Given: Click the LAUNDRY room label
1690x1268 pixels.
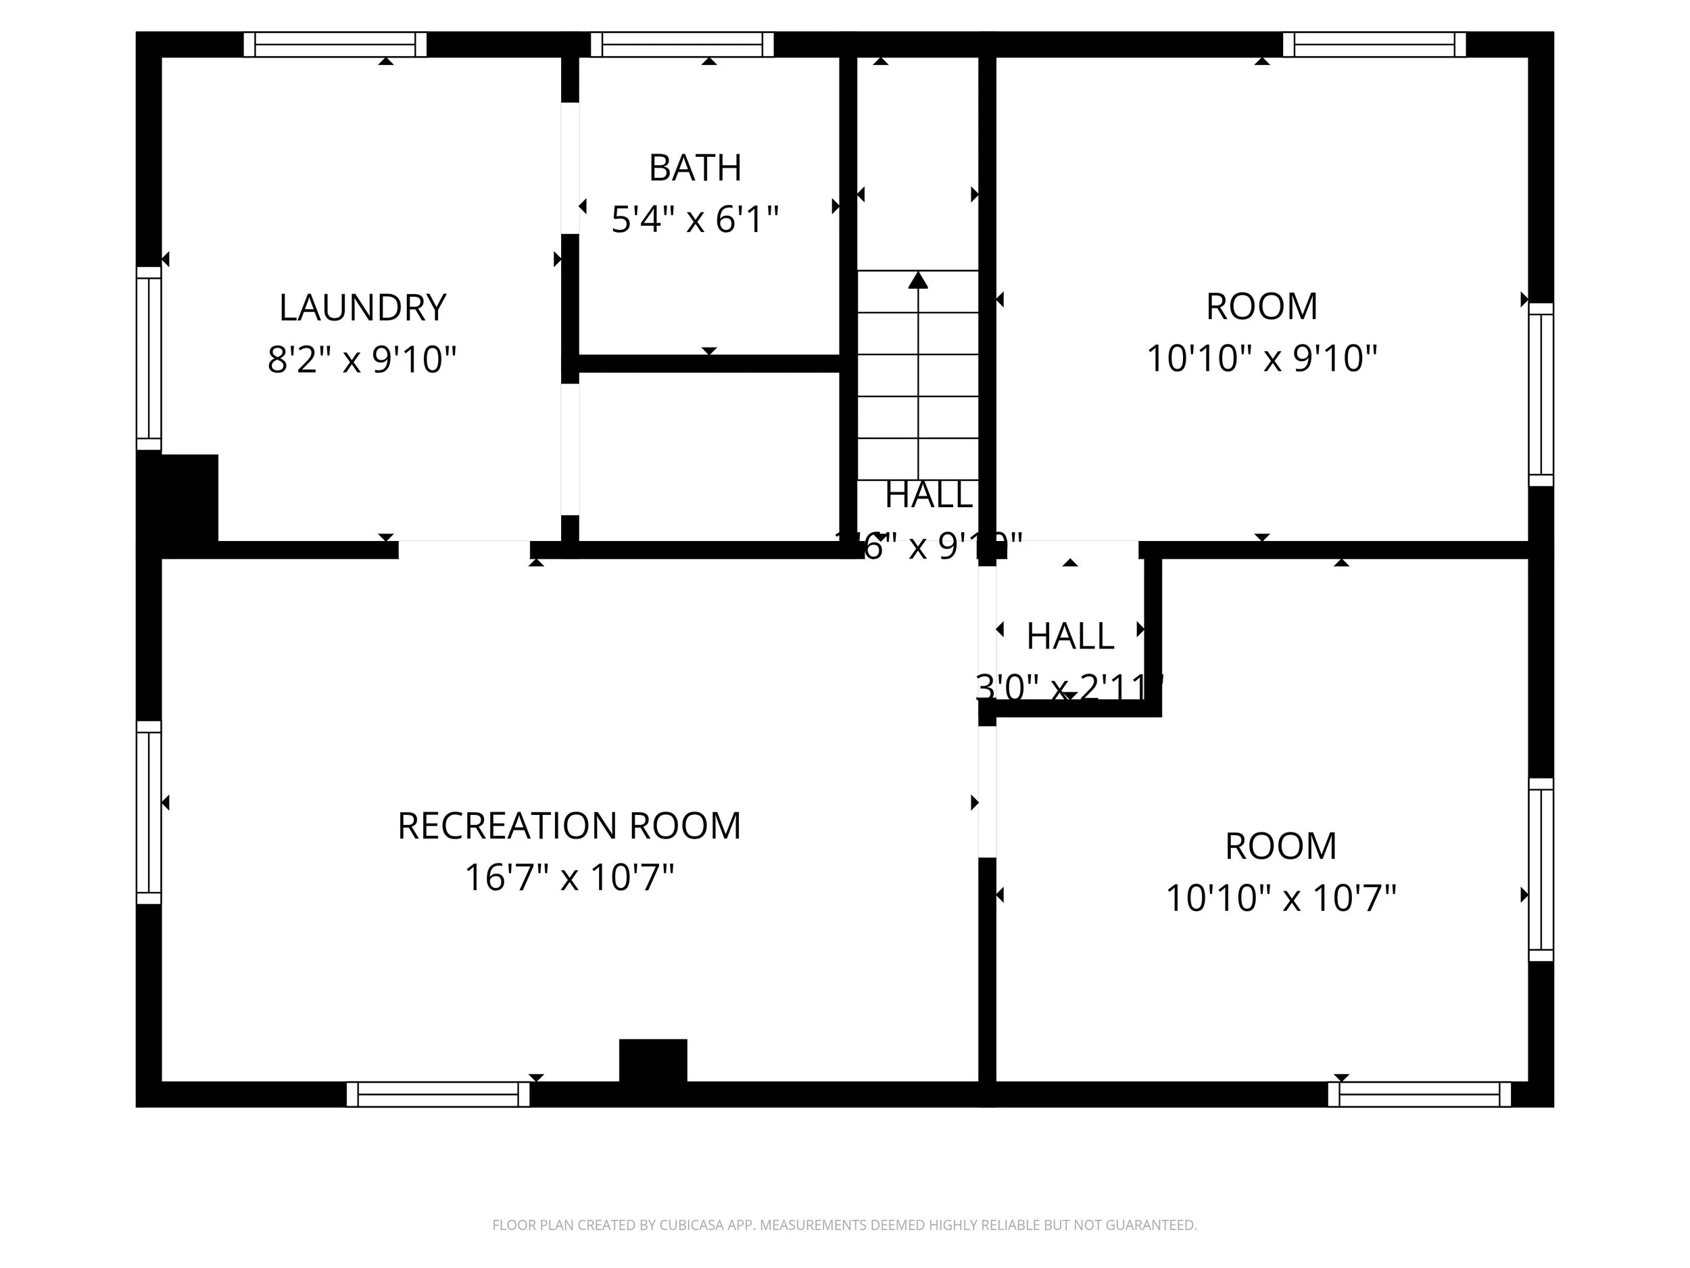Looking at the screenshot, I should click(x=362, y=307).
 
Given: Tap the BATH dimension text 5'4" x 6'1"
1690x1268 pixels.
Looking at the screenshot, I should click(x=694, y=220).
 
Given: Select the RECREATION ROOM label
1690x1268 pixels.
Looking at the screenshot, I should click(x=569, y=826).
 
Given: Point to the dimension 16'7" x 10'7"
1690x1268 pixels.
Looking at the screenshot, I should click(x=569, y=877).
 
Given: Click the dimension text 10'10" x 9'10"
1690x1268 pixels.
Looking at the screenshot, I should click(x=1261, y=358).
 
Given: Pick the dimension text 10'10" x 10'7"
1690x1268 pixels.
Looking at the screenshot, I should click(x=1280, y=898).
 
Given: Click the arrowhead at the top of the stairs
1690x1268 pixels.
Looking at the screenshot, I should click(x=917, y=281).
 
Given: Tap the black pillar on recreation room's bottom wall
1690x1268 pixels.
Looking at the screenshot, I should click(x=652, y=1060).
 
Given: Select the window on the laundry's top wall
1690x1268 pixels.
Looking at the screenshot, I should click(x=335, y=45).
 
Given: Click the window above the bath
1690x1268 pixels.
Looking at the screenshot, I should click(x=681, y=45).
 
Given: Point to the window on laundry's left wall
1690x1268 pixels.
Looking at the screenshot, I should click(x=149, y=358).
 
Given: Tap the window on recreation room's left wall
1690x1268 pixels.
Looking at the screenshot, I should click(x=149, y=812).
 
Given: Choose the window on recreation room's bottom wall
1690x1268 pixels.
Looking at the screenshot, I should click(x=438, y=1094).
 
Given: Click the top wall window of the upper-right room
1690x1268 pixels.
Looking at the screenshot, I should click(x=1374, y=45).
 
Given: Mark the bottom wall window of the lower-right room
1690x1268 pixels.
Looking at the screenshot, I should click(x=1419, y=1094).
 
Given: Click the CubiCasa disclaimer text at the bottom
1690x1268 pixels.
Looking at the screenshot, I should click(x=844, y=1225).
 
